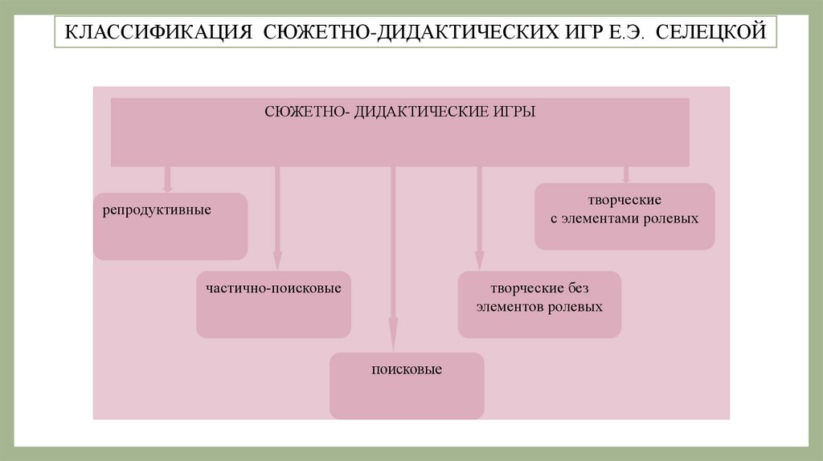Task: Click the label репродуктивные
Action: coord(157,210)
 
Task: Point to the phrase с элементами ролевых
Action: coord(624,218)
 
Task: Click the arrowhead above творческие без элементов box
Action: coord(479,261)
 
